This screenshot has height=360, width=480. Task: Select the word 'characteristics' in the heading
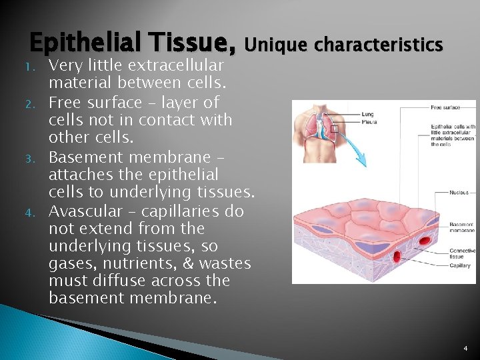[378, 45]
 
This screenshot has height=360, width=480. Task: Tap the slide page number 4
[465, 348]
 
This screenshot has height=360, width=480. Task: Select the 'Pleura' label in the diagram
[369, 122]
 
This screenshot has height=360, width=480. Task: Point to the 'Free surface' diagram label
[446, 107]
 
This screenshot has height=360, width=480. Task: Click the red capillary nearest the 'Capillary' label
[399, 257]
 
